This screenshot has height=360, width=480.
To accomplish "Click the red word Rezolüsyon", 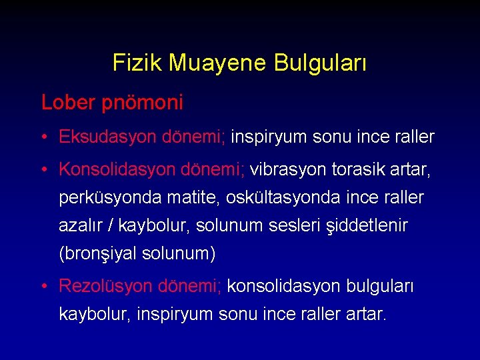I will coord(104,286).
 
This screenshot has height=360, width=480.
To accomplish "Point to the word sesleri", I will coord(295,226).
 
